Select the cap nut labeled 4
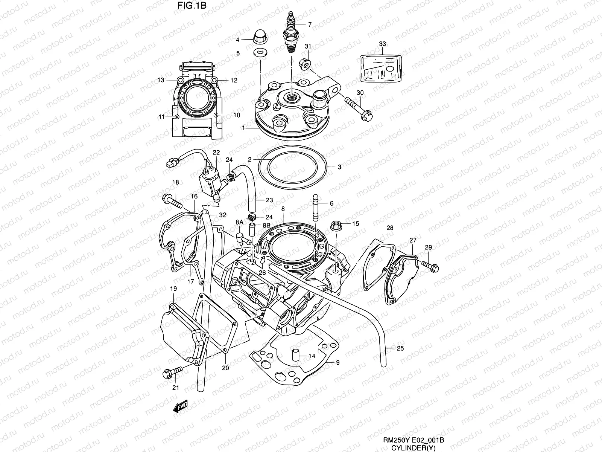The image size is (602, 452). pos(259,37)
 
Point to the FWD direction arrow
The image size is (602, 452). pos(180,407)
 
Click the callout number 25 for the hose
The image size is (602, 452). pos(400,348)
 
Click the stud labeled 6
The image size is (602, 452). pos(315,208)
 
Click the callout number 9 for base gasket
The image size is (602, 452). pos(337,362)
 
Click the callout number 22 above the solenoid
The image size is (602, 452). pos(216,152)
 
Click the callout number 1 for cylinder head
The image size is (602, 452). pos(243,128)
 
